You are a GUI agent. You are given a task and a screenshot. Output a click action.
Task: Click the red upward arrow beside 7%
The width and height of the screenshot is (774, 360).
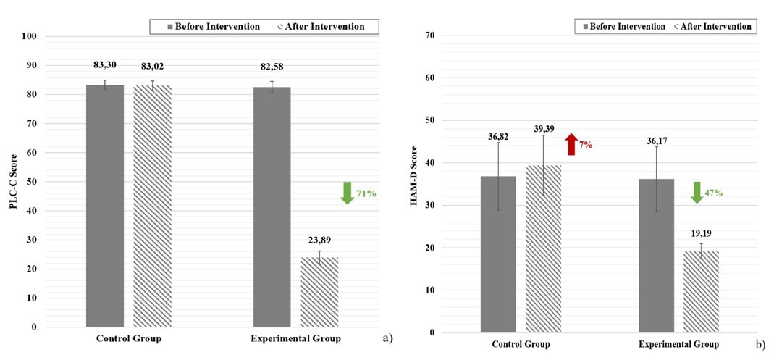(x=571, y=144)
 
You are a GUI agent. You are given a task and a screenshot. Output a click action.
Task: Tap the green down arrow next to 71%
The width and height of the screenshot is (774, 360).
(x=347, y=193)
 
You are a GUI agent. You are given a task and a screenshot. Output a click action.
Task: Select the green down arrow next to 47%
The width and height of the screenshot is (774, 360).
(x=696, y=193)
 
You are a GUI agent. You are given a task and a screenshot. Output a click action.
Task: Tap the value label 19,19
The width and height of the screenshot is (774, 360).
(x=699, y=235)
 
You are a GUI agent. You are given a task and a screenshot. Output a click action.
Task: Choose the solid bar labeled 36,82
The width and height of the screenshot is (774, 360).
(x=497, y=254)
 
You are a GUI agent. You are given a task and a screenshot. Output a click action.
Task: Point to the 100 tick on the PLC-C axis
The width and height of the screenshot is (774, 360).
(x=30, y=36)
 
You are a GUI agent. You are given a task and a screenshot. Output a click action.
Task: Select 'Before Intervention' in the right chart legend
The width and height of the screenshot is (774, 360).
(x=627, y=27)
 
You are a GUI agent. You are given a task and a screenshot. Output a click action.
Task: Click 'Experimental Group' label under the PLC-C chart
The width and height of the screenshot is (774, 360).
(x=295, y=338)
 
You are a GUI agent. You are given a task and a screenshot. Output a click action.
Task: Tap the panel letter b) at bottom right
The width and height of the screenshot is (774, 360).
(x=760, y=346)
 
